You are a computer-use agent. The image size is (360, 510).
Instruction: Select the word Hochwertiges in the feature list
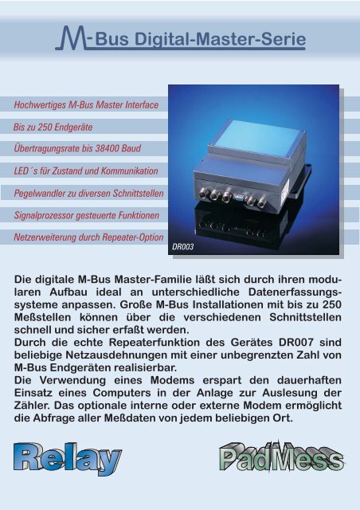coord(41,105)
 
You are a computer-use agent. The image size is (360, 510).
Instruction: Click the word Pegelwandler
coord(44,194)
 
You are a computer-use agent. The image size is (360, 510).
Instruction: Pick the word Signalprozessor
coord(47,216)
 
